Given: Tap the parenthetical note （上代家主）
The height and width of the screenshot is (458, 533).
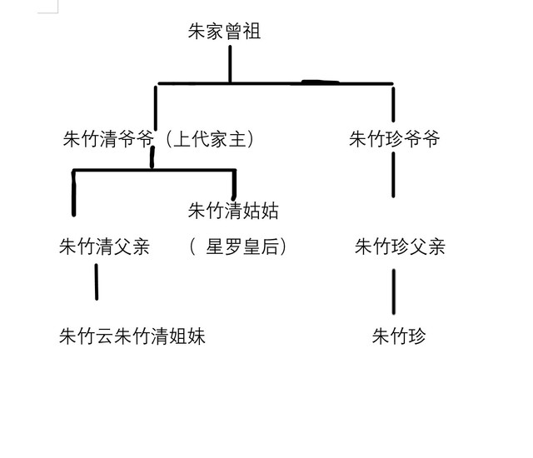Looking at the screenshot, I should [x=208, y=139].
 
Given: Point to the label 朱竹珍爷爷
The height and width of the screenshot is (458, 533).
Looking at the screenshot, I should [x=395, y=139].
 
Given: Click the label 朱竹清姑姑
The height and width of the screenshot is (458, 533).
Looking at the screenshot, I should [x=234, y=211].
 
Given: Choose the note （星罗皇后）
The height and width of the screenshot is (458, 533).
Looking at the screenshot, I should [x=238, y=246].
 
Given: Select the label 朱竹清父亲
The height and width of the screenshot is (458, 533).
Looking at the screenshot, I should [x=104, y=246].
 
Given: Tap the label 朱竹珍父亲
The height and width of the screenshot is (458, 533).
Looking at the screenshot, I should [x=400, y=246].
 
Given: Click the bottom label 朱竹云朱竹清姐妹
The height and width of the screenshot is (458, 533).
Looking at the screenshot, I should [x=132, y=336].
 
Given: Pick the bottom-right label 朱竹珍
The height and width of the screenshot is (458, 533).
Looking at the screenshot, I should [x=399, y=336].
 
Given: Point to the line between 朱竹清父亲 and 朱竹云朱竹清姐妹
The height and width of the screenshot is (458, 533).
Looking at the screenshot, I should [x=97, y=281].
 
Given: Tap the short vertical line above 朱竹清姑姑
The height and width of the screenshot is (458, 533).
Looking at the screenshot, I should [x=234, y=183].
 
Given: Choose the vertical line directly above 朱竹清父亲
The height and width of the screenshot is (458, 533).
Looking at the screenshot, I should [x=74, y=193].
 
